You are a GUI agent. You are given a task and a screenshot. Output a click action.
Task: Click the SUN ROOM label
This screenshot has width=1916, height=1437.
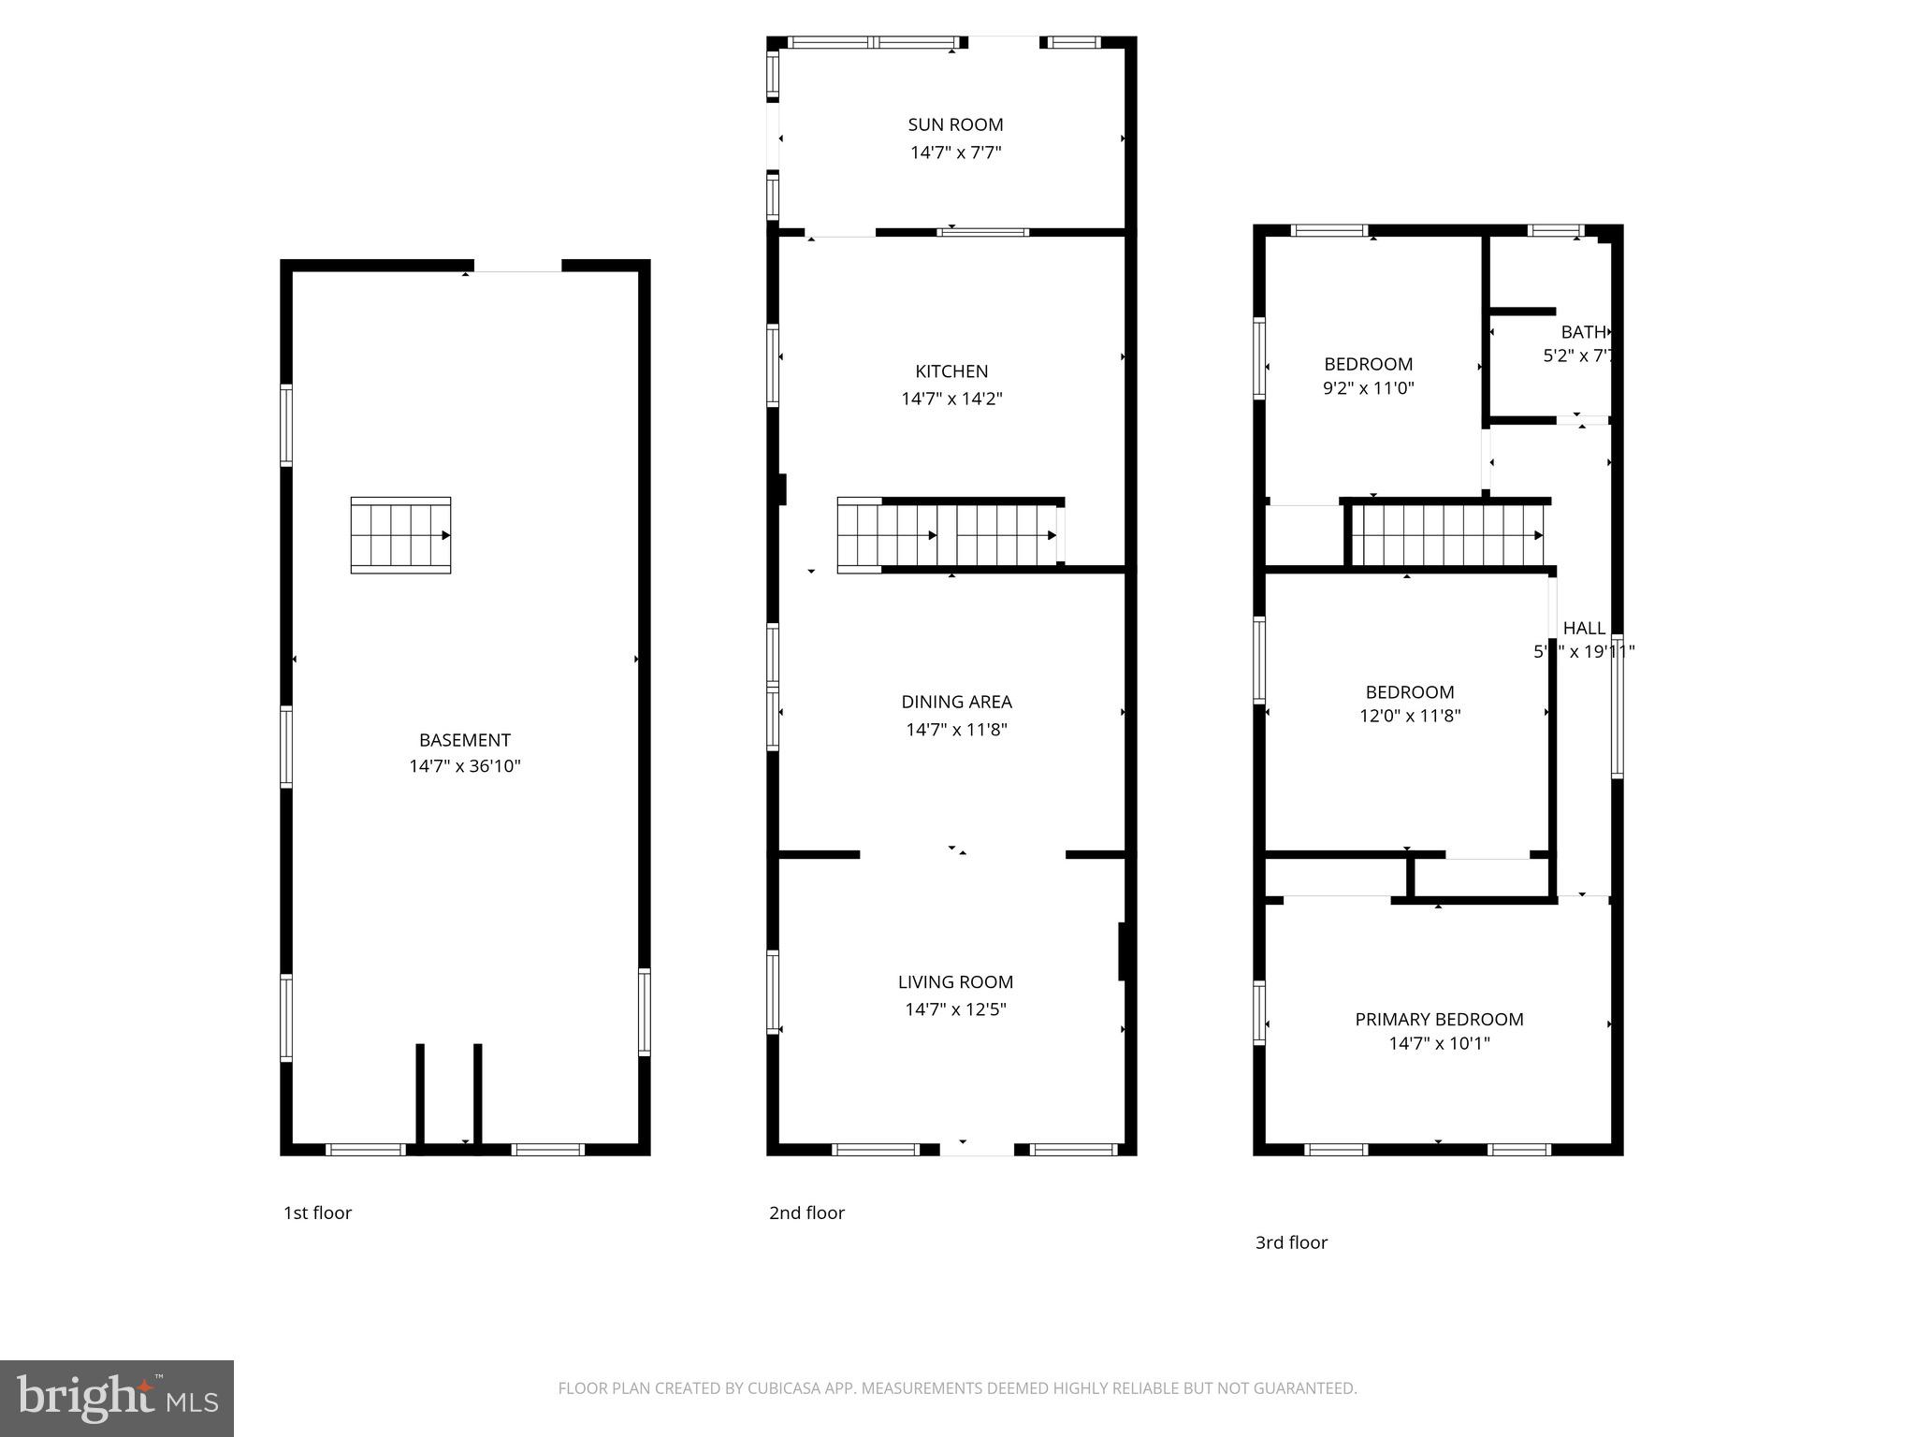(x=955, y=124)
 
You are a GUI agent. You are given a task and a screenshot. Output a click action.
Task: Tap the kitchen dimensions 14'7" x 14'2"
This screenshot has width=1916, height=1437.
(x=951, y=399)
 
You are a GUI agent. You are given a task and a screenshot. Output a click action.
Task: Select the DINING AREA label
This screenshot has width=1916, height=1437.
(x=956, y=702)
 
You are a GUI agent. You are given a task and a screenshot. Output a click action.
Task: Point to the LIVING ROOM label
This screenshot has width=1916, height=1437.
(x=955, y=981)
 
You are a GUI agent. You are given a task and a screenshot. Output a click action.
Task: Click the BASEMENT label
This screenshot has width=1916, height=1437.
(x=464, y=740)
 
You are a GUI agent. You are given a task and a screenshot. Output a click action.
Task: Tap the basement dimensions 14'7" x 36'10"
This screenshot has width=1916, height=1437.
(x=464, y=766)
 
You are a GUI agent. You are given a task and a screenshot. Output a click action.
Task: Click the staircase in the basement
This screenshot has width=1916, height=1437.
(x=400, y=535)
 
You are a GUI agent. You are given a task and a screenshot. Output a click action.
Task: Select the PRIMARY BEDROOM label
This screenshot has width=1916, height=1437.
(x=1439, y=1019)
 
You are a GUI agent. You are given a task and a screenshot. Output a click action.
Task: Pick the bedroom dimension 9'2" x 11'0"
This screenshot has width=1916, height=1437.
(x=1368, y=387)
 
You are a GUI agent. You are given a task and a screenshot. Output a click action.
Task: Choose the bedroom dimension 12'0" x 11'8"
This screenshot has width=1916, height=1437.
(x=1409, y=716)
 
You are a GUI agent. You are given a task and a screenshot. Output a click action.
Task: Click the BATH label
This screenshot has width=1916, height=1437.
(x=1583, y=332)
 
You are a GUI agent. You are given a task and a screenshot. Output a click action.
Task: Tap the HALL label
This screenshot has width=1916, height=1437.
(x=1584, y=628)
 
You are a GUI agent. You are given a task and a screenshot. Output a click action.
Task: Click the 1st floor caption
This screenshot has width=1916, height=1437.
(x=317, y=1212)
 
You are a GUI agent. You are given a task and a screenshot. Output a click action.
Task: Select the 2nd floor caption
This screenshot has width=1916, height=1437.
(x=806, y=1212)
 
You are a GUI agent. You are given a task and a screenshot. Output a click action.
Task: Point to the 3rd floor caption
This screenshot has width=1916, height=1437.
(x=1291, y=1242)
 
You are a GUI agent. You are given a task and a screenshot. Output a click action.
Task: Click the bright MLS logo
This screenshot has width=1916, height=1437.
(x=117, y=1399)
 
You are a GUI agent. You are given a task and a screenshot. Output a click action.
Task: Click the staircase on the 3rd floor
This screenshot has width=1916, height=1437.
(x=1446, y=535)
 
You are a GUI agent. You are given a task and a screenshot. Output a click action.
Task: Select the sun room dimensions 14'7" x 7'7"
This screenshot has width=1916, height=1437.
(x=955, y=152)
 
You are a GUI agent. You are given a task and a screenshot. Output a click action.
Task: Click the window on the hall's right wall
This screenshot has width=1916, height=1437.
(x=1617, y=706)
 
